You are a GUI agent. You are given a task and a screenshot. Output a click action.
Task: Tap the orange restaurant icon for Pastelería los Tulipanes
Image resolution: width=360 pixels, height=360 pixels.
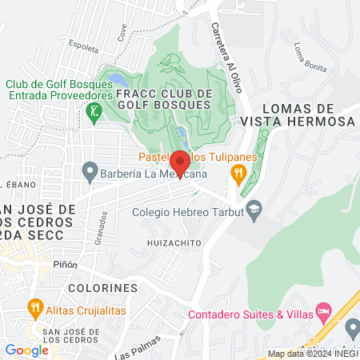click(238, 173)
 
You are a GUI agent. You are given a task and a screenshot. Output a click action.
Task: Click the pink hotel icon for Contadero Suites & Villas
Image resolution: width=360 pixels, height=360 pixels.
click(323, 309)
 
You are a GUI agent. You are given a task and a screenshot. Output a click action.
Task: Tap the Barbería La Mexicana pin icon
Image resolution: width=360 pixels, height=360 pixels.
click(89, 172)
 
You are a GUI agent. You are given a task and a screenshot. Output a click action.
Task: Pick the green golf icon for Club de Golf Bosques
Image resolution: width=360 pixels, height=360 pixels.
click(94, 111)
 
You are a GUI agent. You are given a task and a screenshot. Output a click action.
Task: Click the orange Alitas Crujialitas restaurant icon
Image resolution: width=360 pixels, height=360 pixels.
click(34, 306)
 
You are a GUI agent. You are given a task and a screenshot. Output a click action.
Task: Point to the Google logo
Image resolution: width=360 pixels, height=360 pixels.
click(26, 350)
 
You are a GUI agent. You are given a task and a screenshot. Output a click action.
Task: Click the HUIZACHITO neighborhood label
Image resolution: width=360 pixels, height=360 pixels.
click(171, 241)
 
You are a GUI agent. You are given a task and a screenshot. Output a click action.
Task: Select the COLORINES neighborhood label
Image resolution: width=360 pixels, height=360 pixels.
click(103, 286)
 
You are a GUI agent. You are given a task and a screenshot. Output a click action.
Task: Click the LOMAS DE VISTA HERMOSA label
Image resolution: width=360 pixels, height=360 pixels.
click(296, 114)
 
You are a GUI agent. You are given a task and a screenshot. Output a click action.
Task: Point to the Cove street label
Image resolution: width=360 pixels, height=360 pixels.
click(122, 32)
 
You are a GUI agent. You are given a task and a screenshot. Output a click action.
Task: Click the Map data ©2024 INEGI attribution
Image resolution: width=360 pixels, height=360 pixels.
click(312, 354)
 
